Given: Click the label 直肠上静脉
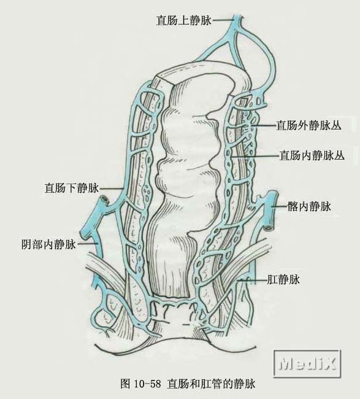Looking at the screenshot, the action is [x=183, y=21].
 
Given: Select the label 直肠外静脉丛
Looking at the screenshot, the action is [x=309, y=125].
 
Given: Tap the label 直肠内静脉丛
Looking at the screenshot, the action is [x=312, y=155].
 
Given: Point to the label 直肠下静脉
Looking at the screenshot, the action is [x=71, y=188].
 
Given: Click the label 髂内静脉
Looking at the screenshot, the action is [x=309, y=206].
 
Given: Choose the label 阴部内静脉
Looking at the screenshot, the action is [x=49, y=244].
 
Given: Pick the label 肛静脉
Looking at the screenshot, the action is [x=283, y=279].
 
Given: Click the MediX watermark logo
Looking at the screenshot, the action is [x=307, y=364].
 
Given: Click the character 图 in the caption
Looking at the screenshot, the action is [x=125, y=384].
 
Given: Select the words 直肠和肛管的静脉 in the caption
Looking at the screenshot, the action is [x=211, y=384].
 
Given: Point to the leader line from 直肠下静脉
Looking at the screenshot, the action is [x=111, y=188].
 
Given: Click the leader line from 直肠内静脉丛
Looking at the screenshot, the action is [x=256, y=155].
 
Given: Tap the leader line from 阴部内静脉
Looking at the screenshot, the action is [x=87, y=244].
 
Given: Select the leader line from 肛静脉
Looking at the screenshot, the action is [x=253, y=280].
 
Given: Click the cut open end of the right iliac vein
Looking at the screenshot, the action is [x=268, y=228].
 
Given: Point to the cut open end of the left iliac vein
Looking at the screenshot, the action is [x=104, y=198].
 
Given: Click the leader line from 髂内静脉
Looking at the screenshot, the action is [x=280, y=206].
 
